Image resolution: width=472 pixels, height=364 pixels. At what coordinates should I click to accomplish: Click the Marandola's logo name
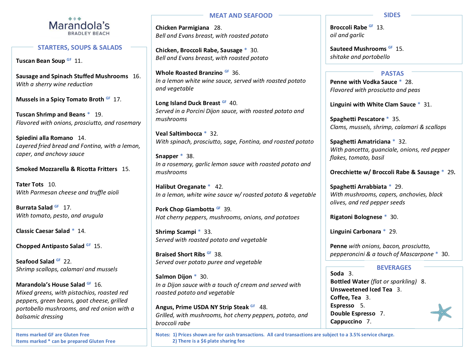tap(79, 26)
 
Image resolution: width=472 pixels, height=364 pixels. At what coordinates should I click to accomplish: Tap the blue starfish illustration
tap(441, 312)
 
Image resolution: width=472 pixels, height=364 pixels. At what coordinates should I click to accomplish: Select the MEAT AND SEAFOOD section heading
tap(241, 15)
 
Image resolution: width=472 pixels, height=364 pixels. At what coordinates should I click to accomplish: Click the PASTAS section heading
tap(392, 73)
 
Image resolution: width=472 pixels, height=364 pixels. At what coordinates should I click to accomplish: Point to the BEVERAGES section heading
tap(394, 268)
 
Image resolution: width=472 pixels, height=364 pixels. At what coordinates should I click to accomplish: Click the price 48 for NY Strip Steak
tap(263, 307)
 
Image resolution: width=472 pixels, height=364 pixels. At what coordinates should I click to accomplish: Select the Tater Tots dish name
tap(30, 184)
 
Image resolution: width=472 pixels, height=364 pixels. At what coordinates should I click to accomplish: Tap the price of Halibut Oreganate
tap(219, 187)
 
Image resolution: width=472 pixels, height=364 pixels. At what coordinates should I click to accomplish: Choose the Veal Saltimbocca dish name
tap(179, 134)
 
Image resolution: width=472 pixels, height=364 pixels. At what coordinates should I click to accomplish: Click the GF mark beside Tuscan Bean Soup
tap(69, 60)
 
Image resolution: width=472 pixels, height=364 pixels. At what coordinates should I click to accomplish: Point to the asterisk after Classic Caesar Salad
tap(73, 230)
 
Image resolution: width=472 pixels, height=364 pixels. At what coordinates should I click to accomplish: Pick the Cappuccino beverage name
tap(346, 321)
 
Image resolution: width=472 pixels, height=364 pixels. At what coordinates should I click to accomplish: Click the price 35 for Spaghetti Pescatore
tap(396, 119)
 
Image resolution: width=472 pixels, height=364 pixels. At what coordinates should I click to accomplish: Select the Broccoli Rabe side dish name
tap(348, 27)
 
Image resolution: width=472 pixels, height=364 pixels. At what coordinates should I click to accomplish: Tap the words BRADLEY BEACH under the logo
tap(89, 33)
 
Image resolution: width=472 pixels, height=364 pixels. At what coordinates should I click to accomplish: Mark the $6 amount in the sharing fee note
tap(203, 341)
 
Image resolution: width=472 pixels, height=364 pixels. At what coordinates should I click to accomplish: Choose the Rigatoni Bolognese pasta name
tap(356, 217)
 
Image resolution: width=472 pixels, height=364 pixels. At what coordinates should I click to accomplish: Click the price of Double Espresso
tap(382, 313)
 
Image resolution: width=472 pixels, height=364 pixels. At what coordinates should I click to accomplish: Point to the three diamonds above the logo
tap(75, 19)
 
